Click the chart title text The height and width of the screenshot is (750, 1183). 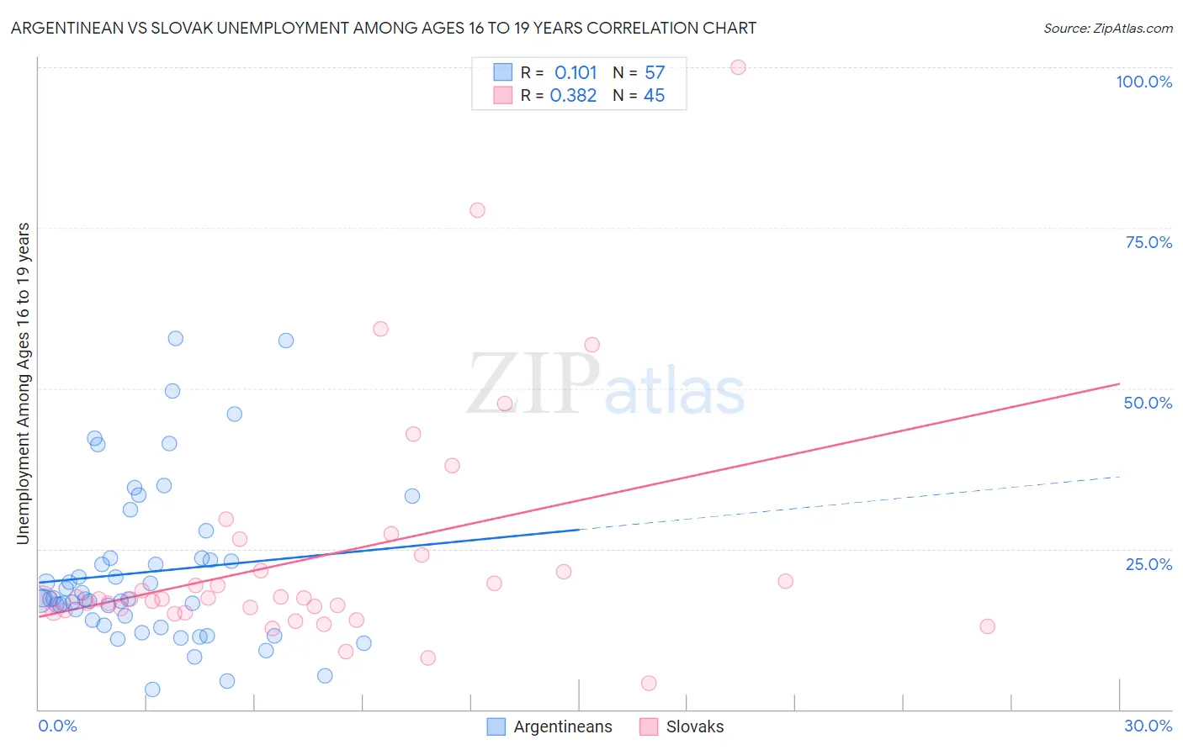click(x=384, y=28)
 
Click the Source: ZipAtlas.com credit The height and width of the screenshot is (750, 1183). click(x=1107, y=28)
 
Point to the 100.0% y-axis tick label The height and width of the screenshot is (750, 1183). click(x=1143, y=82)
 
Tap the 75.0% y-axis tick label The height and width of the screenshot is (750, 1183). click(x=1149, y=242)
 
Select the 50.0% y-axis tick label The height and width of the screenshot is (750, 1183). click(x=1148, y=403)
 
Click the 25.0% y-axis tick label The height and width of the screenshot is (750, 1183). click(x=1149, y=563)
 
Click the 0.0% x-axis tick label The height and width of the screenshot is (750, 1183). click(x=57, y=726)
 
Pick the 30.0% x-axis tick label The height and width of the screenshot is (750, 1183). click(x=1148, y=726)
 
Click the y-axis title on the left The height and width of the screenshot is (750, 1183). click(x=23, y=383)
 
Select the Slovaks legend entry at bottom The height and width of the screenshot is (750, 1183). click(x=682, y=726)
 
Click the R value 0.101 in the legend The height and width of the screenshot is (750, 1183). click(x=576, y=73)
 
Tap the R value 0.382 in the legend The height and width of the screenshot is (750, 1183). click(x=573, y=96)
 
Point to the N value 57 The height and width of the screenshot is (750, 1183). click(x=655, y=73)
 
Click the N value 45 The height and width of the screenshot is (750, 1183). click(x=654, y=96)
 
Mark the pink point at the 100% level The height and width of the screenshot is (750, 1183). click(x=738, y=67)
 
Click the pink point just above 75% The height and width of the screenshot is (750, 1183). click(x=477, y=210)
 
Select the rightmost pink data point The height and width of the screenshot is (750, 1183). click(x=988, y=626)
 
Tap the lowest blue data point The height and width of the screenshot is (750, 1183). click(x=152, y=689)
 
